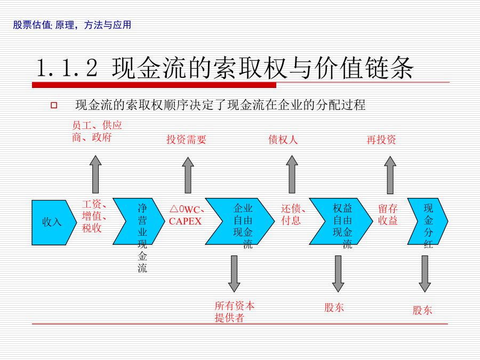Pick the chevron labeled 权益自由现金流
(x=341, y=221)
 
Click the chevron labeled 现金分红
(x=428, y=221)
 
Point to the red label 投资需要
(x=186, y=140)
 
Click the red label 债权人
(x=283, y=140)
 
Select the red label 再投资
(x=381, y=140)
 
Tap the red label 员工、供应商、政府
(x=97, y=131)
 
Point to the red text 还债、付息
(x=293, y=214)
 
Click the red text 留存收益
(x=388, y=214)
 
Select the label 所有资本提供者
(x=235, y=311)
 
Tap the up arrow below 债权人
(x=292, y=174)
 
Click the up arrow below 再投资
(x=390, y=175)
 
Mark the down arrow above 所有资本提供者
(x=234, y=274)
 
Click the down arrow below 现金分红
(x=425, y=274)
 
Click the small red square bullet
(x=54, y=105)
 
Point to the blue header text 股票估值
(x=32, y=25)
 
